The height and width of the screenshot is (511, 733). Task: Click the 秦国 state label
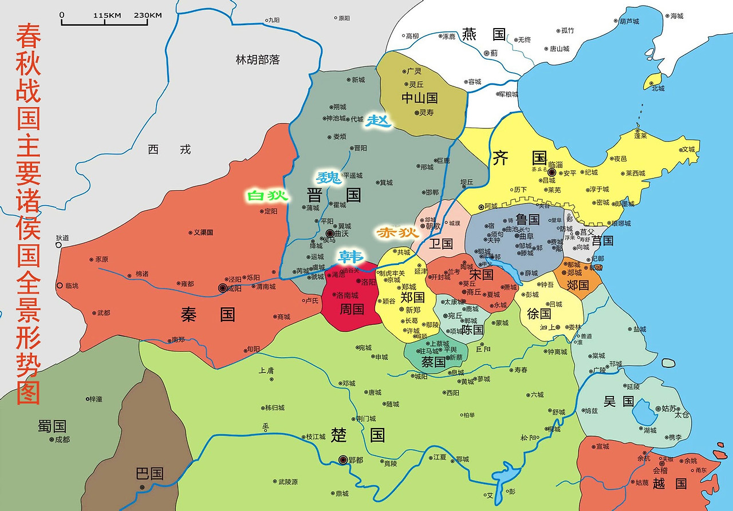click(x=208, y=314)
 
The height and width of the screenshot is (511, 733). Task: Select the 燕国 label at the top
click(x=484, y=34)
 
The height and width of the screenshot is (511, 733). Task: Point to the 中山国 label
click(x=419, y=98)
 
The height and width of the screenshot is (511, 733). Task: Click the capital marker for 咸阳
click(x=223, y=288)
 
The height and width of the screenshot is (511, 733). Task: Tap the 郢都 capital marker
click(x=343, y=459)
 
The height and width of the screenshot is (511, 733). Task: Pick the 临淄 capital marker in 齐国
click(x=552, y=172)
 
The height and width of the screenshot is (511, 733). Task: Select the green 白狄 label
click(x=266, y=196)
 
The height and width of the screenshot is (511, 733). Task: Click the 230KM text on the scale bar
click(x=147, y=15)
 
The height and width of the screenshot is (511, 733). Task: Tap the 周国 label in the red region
click(x=352, y=310)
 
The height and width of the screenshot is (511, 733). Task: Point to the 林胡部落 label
click(x=258, y=60)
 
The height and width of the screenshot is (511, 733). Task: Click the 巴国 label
click(x=149, y=473)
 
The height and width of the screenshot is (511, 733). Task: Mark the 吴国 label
click(x=619, y=401)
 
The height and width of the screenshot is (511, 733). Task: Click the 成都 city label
click(x=62, y=439)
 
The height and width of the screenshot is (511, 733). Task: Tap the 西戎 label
click(x=169, y=150)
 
